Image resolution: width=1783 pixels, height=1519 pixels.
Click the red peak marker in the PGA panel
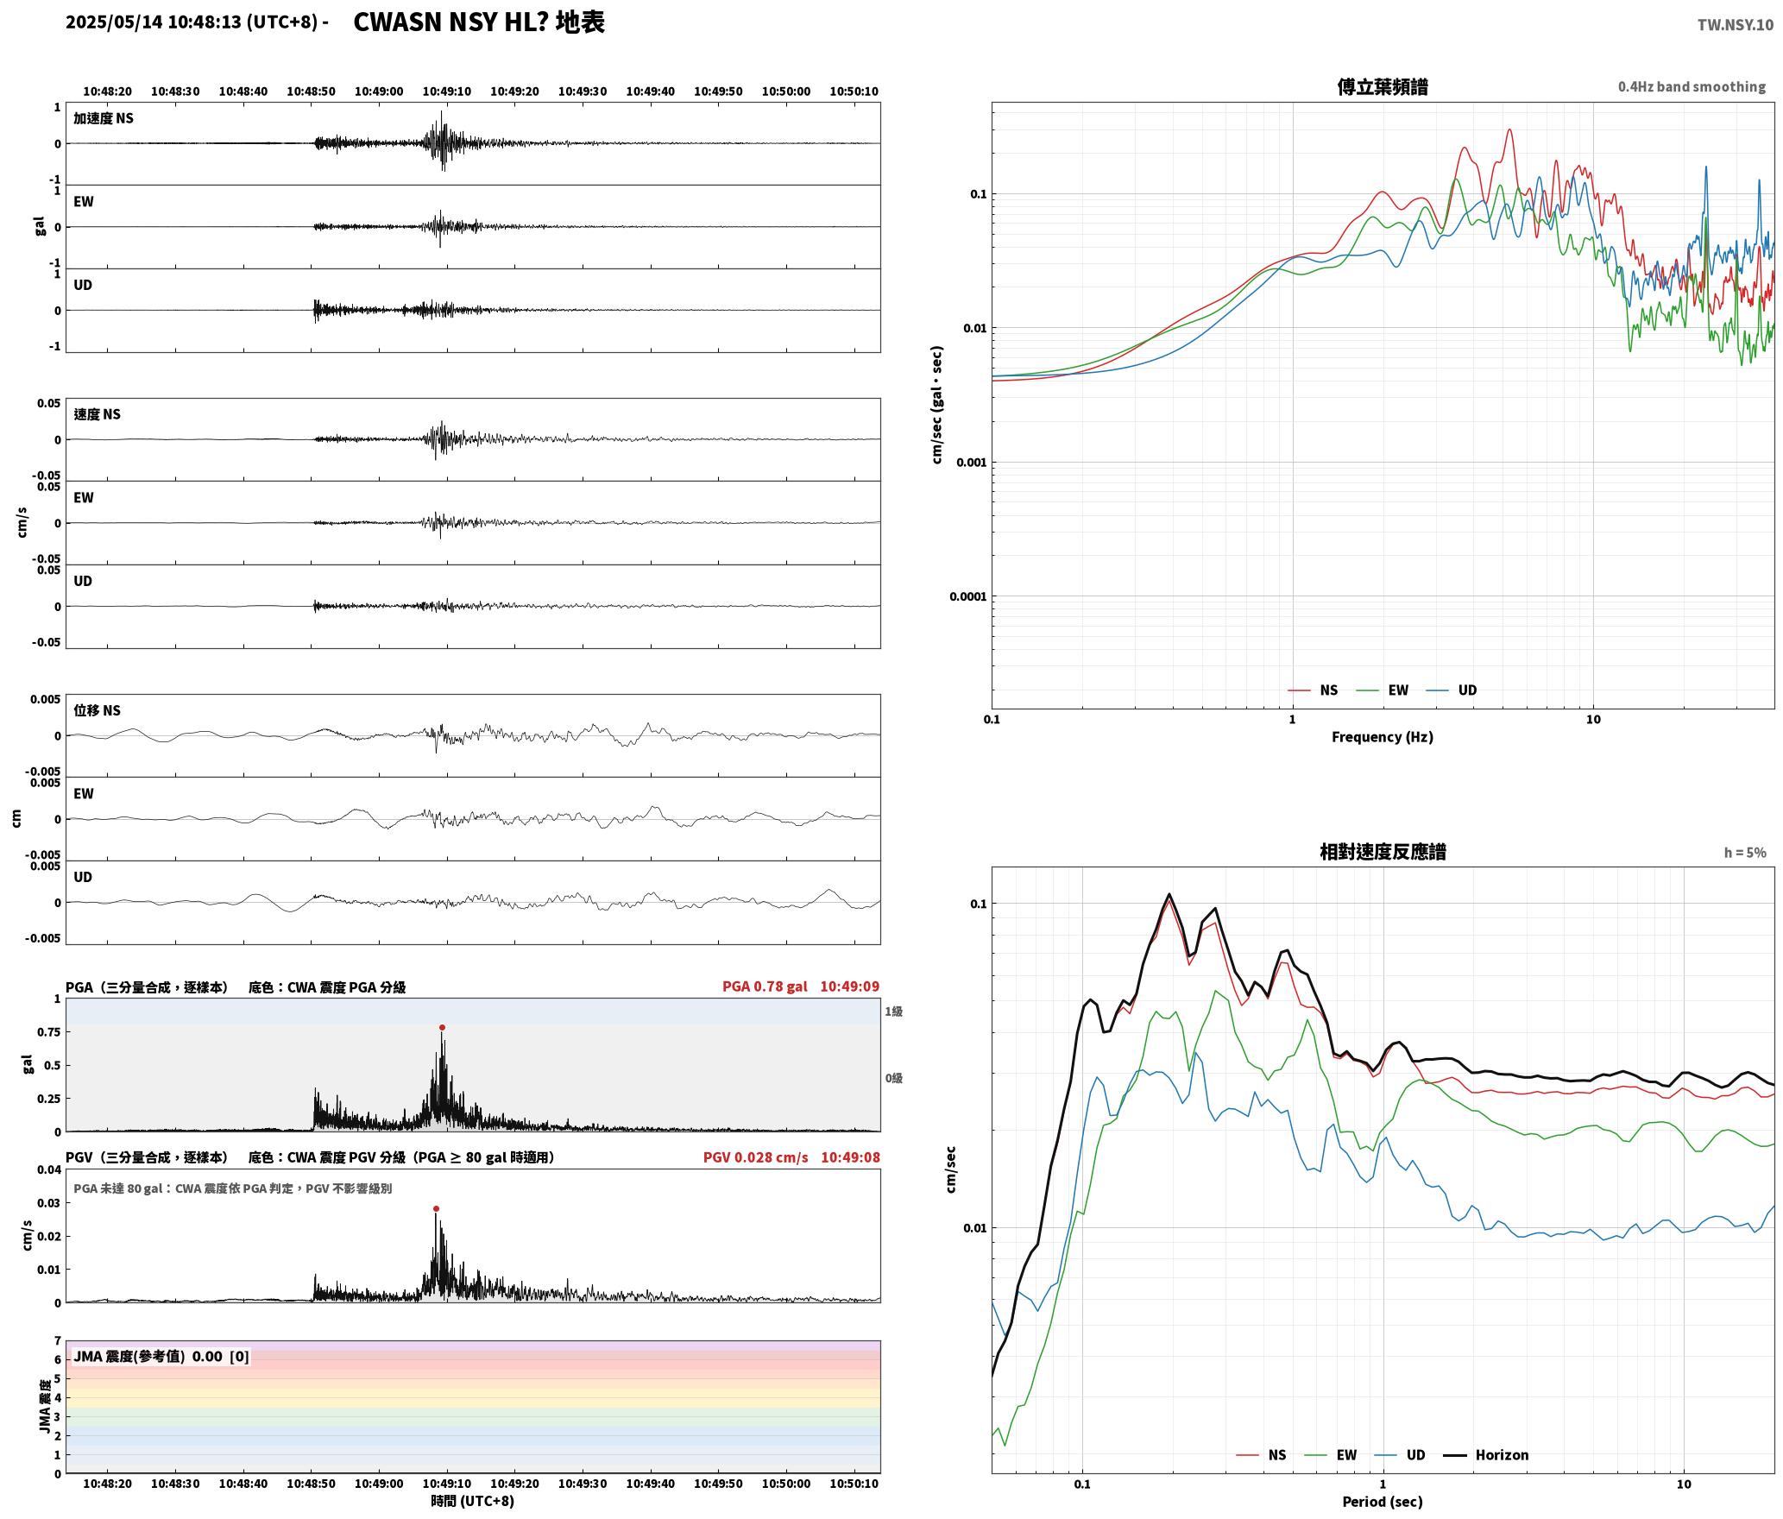point(442,1027)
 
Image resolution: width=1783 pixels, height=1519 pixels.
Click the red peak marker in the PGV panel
point(436,1208)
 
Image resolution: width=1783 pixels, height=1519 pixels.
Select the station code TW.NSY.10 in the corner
point(1735,25)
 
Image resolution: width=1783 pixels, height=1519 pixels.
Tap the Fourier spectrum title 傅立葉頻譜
point(1382,86)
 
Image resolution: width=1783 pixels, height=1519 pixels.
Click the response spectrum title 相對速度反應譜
point(1383,852)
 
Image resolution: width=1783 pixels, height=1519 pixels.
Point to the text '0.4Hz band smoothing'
point(1692,86)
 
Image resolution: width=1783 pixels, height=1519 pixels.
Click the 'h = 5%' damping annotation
point(1745,853)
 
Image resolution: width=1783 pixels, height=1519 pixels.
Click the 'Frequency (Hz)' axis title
point(1382,736)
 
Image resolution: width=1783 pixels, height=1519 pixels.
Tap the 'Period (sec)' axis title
point(1382,1502)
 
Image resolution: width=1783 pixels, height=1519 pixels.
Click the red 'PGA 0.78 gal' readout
point(765,986)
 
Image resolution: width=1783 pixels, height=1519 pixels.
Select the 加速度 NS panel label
point(104,118)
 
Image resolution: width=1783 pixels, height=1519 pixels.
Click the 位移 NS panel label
point(97,710)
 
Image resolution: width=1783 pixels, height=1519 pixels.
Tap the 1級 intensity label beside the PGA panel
point(893,1011)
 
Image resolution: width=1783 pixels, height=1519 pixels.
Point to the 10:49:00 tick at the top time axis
point(379,91)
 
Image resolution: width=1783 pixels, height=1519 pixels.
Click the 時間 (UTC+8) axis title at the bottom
point(472,1501)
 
